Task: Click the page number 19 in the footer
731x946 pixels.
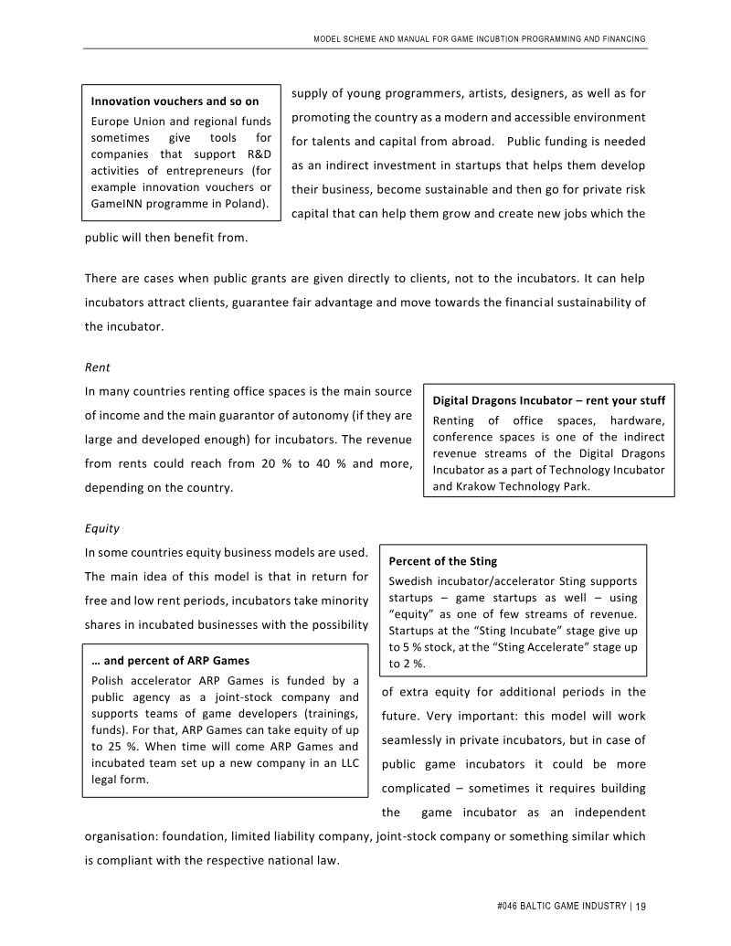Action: pos(641,906)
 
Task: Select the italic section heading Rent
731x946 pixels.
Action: pos(97,367)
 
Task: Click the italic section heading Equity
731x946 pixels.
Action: pos(102,528)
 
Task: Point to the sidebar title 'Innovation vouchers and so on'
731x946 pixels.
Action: pos(175,101)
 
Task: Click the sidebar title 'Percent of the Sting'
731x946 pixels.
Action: pos(443,561)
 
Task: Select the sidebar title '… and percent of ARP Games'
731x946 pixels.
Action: pos(171,660)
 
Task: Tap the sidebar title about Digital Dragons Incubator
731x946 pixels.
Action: pos(548,400)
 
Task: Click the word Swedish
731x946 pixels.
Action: pos(410,581)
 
